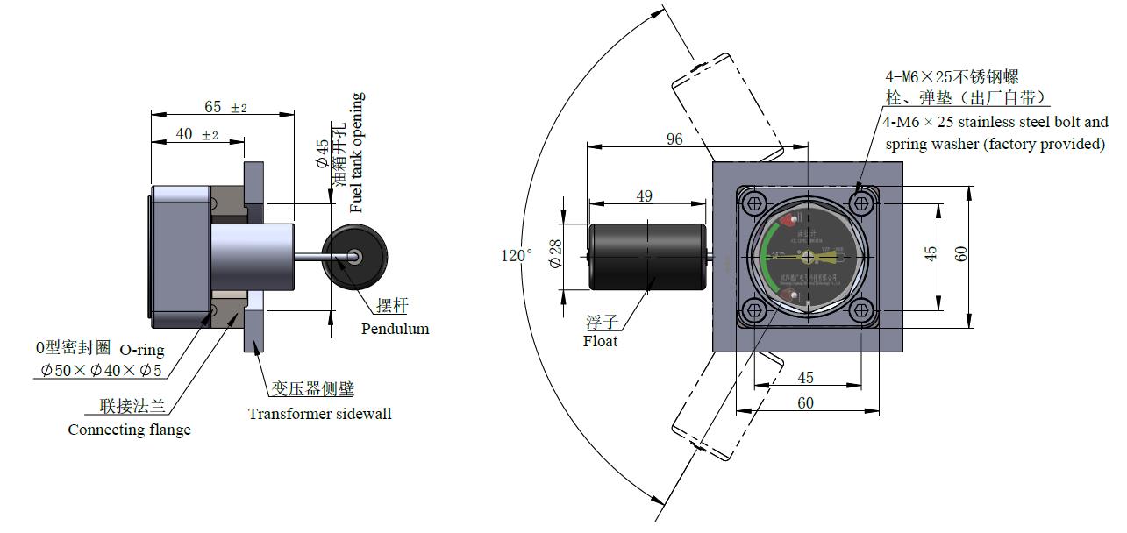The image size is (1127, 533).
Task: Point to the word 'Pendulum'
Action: pyautogui.click(x=395, y=329)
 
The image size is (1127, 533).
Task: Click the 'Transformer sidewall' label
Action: pyautogui.click(x=319, y=414)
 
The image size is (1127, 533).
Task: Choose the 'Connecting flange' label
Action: pyautogui.click(x=129, y=430)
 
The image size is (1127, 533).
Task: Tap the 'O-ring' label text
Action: pyautogui.click(x=141, y=350)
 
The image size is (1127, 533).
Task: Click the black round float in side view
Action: pyautogui.click(x=354, y=256)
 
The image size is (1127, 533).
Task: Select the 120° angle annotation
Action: pyautogui.click(x=517, y=255)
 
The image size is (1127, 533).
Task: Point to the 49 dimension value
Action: pyautogui.click(x=645, y=196)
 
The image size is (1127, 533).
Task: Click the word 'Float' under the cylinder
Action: pyautogui.click(x=600, y=341)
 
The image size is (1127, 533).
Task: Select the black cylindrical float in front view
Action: pyautogui.click(x=646, y=257)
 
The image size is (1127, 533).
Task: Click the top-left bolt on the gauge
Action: pyautogui.click(x=753, y=204)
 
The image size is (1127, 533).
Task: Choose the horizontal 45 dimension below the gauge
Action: pyautogui.click(x=805, y=378)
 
